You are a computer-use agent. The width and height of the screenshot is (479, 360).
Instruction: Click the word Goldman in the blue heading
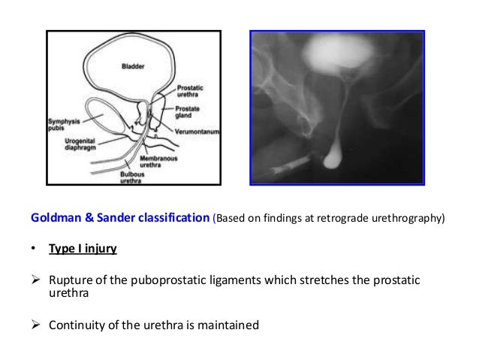point(55,219)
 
